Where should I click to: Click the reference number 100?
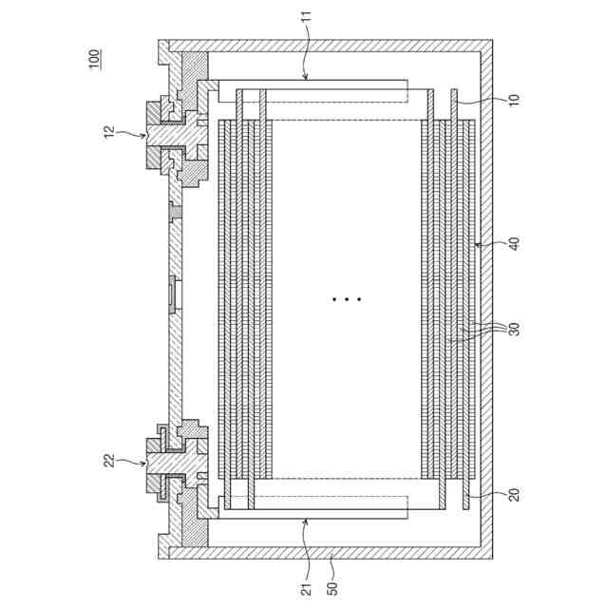[93, 59]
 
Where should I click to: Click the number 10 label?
[514, 100]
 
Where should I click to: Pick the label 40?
[514, 245]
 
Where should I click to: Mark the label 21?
[307, 587]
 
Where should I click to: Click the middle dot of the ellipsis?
[347, 299]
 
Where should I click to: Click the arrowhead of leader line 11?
[306, 77]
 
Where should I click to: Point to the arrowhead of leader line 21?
[306, 521]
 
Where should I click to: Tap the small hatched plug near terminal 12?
[174, 209]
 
